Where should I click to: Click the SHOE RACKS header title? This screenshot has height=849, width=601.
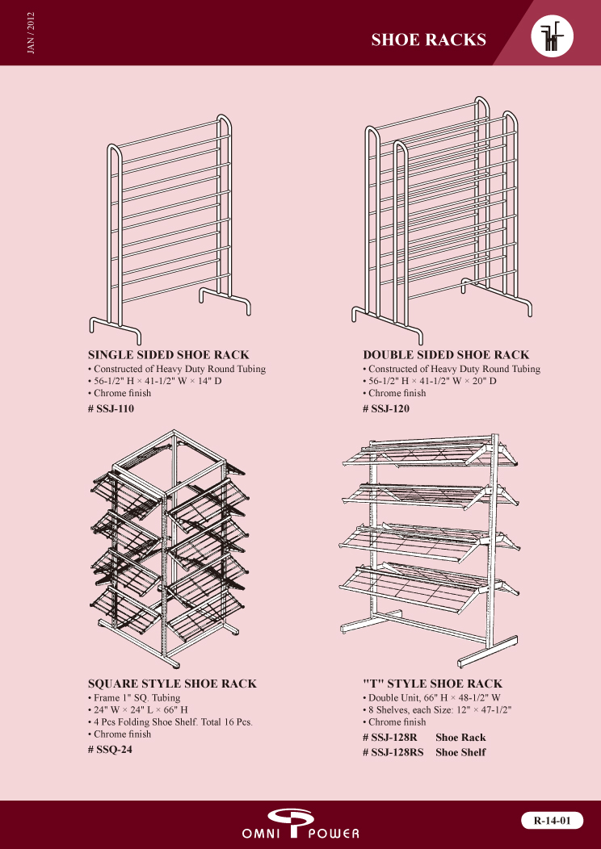click(429, 40)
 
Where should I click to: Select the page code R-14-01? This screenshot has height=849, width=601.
click(553, 820)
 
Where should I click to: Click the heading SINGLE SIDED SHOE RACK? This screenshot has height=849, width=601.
click(169, 355)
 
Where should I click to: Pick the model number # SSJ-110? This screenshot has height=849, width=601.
click(111, 409)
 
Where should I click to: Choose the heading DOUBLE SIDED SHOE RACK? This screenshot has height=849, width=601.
click(446, 355)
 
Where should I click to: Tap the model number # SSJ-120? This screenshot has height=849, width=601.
click(386, 409)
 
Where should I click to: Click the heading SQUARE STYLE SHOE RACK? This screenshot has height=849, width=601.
click(172, 684)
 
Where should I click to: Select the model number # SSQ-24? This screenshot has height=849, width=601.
click(110, 750)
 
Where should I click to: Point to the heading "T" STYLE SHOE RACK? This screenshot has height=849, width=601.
click(432, 684)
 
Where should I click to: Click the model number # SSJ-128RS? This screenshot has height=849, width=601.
click(393, 752)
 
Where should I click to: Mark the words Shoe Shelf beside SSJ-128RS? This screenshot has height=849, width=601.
click(460, 752)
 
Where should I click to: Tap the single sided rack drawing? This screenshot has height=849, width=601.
click(170, 229)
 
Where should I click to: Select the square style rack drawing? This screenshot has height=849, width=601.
click(168, 549)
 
